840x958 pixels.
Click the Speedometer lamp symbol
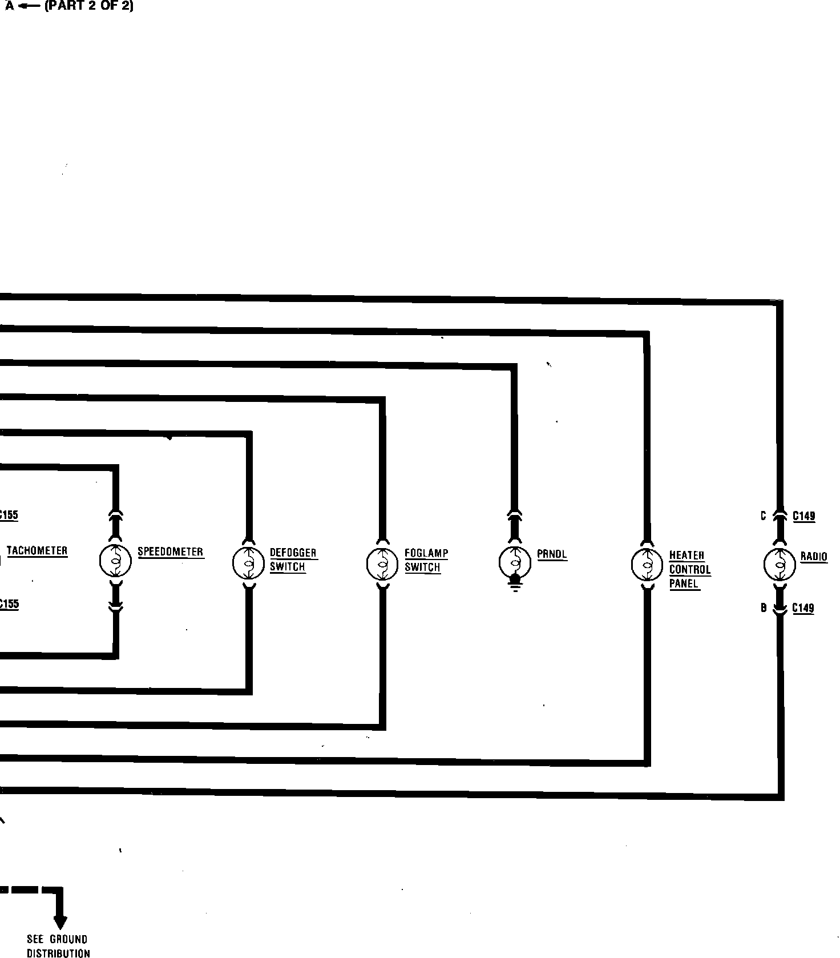(115, 561)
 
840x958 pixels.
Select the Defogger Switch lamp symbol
(248, 563)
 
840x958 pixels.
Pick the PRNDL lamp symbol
(515, 562)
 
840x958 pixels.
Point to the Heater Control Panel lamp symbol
(647, 565)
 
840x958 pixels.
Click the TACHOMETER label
(37, 551)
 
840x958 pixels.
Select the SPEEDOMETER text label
(170, 552)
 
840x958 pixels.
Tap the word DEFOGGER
(293, 553)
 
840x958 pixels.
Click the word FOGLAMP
(426, 553)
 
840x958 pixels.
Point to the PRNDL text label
(552, 554)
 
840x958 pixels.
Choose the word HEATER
(686, 556)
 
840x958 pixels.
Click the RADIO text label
(813, 557)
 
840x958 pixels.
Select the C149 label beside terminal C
(803, 516)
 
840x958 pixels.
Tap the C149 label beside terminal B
(803, 609)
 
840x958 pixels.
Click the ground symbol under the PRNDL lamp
(515, 587)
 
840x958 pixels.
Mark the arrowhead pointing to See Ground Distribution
(60, 922)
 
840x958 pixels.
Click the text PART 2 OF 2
(89, 7)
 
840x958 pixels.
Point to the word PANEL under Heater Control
(684, 584)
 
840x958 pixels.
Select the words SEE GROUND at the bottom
(57, 939)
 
